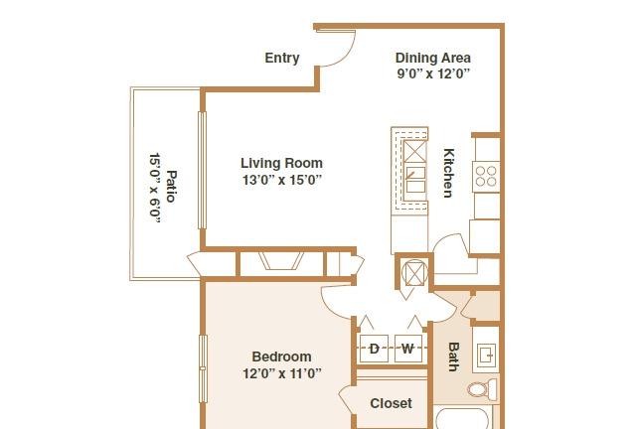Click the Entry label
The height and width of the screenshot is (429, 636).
click(282, 58)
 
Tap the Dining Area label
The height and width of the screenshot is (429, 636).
click(433, 58)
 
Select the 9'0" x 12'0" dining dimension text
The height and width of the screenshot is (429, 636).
click(433, 73)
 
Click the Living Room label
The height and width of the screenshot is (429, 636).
click(282, 163)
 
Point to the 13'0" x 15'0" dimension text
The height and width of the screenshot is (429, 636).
click(282, 179)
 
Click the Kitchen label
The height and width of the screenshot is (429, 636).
click(448, 173)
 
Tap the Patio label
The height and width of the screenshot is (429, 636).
click(172, 186)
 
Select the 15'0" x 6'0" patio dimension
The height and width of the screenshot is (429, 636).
click(155, 188)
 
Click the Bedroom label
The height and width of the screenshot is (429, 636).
click(282, 357)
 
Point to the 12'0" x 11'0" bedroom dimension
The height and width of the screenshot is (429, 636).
click(282, 373)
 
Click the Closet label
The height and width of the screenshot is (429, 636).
click(391, 403)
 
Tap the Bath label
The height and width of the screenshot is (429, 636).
click(453, 357)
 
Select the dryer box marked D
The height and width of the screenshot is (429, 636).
click(374, 349)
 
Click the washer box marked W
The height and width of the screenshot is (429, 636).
click(408, 349)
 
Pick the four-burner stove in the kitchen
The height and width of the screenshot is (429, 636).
click(486, 177)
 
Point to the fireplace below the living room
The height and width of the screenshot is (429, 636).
click(281, 261)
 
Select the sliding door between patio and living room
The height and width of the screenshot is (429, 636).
click(202, 171)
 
